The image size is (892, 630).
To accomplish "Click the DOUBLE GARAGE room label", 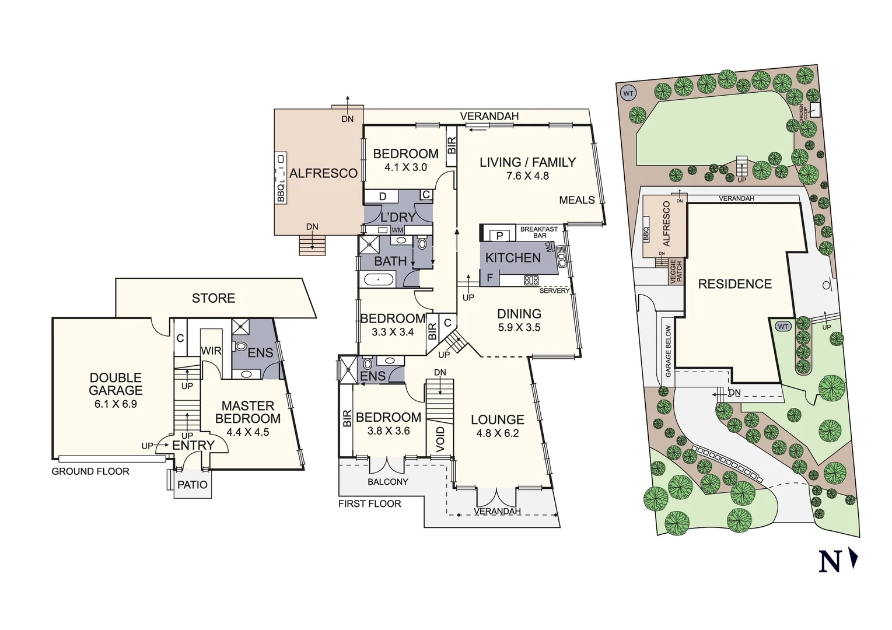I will click(116, 384).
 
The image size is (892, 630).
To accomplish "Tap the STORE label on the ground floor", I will click(214, 298).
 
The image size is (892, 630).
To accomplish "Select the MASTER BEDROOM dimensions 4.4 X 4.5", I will click(248, 432).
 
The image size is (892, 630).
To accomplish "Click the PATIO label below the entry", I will click(193, 485).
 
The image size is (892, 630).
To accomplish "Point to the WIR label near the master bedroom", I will click(211, 351).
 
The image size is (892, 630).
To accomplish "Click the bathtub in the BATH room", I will click(379, 280).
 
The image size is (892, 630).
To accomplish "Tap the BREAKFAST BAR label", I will click(539, 232).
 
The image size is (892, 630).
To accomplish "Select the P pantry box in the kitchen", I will click(499, 236).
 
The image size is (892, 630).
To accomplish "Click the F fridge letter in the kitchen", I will click(490, 278).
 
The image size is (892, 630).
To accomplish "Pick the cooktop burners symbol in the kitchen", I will click(531, 280).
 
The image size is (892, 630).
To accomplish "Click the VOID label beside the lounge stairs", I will click(440, 439).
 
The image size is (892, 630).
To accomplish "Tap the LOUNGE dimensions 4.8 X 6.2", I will click(498, 433).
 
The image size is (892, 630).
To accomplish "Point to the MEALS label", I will click(577, 200).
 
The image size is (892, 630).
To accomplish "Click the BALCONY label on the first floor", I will click(388, 482).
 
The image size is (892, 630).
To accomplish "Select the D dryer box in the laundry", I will click(383, 197).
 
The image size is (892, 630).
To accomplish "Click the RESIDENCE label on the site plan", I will click(735, 284).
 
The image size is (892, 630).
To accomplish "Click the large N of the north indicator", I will click(830, 562).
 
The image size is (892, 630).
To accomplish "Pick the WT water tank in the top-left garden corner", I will click(628, 93).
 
